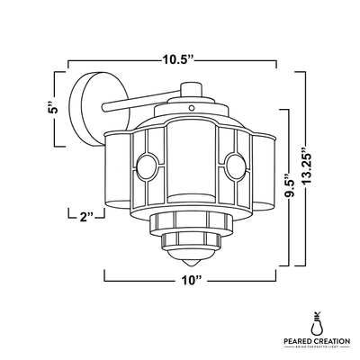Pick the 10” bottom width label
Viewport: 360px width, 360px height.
coord(188,280)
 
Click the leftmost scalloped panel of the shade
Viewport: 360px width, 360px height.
coord(115,171)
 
